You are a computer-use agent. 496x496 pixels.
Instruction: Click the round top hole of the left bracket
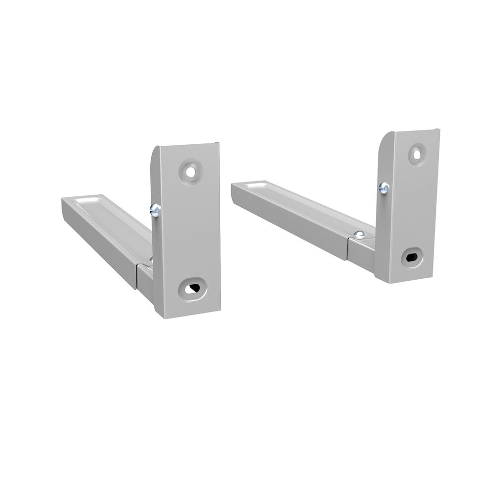pyautogui.click(x=189, y=171)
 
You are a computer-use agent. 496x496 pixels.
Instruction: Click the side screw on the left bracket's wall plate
pyautogui.click(x=154, y=211)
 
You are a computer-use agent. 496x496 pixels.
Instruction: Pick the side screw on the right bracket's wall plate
pyautogui.click(x=383, y=187)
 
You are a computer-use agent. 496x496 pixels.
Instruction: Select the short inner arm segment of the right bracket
pyautogui.click(x=361, y=253)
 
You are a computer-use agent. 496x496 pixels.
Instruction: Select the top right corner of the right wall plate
pyautogui.click(x=439, y=130)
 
